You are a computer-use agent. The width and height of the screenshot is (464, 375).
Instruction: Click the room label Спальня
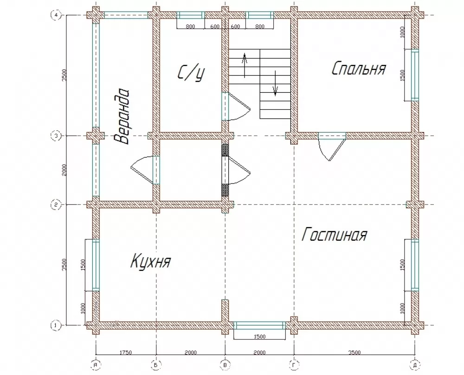359,69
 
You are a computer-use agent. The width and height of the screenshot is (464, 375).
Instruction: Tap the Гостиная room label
335,235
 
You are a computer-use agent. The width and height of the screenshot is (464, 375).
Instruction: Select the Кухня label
151,261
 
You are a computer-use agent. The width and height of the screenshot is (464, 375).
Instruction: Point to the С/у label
191,73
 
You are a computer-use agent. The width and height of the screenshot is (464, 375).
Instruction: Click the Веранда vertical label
122,116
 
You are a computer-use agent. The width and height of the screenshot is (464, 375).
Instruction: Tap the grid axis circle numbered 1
56,325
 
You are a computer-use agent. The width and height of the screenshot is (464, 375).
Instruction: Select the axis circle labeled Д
415,365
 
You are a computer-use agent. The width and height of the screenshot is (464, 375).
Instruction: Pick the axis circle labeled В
225,365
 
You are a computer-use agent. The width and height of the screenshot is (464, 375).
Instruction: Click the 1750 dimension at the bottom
125,352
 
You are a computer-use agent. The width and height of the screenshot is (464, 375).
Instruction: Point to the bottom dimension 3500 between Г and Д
354,352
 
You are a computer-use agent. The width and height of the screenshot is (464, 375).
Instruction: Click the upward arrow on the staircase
245,66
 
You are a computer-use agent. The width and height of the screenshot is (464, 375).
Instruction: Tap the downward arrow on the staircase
275,83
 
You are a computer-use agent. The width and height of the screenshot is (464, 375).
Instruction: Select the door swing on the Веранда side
142,171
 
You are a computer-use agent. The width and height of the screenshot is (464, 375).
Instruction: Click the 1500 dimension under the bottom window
259,336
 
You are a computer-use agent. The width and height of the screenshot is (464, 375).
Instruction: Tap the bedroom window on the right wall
415,75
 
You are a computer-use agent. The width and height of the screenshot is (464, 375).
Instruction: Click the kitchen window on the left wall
96,265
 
